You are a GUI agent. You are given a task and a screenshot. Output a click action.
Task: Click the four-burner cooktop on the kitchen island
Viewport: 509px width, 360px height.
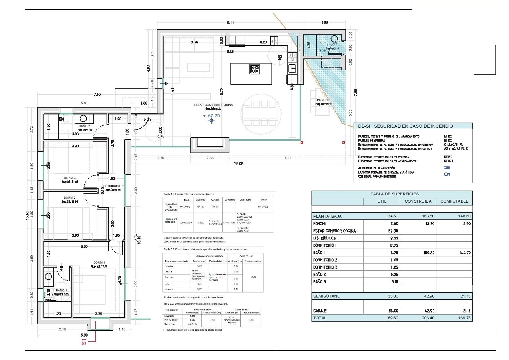pos(254,69)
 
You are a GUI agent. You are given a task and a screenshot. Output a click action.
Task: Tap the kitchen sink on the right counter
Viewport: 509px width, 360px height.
pos(292,69)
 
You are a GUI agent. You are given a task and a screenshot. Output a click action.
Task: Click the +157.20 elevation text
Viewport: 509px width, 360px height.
pos(211,116)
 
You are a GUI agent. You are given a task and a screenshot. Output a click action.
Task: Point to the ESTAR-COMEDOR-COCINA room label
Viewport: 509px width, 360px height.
pos(213,105)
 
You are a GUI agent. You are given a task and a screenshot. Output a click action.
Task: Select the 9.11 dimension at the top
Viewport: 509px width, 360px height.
pos(230,23)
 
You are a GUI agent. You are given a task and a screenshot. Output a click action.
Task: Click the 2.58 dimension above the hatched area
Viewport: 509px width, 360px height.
pos(325,23)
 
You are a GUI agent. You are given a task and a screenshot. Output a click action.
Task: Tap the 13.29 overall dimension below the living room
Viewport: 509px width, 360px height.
pos(238,163)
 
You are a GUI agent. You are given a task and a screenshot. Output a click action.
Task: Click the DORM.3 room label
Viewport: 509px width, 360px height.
pos(70,178)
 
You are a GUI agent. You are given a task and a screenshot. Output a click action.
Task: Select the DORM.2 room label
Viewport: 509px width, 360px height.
pos(70,198)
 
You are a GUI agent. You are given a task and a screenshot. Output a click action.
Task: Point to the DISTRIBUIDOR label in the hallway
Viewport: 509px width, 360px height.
pos(113,186)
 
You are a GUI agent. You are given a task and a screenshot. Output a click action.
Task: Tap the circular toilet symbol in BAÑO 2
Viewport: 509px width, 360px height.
pos(83,119)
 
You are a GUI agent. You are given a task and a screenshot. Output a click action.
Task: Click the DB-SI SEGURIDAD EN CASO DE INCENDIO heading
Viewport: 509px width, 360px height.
pos(405,126)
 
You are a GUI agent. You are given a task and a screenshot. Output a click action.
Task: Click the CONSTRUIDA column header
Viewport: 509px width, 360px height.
pos(418,201)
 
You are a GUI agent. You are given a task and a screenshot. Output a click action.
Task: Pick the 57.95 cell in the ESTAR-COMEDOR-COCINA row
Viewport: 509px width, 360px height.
pos(393,231)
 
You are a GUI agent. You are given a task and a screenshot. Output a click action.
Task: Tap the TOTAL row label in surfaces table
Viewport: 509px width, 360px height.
pos(320,318)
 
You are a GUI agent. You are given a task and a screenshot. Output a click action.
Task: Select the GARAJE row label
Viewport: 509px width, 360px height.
pos(320,311)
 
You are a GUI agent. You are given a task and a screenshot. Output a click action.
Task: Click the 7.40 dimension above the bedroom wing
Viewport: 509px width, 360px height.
pos(97,94)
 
